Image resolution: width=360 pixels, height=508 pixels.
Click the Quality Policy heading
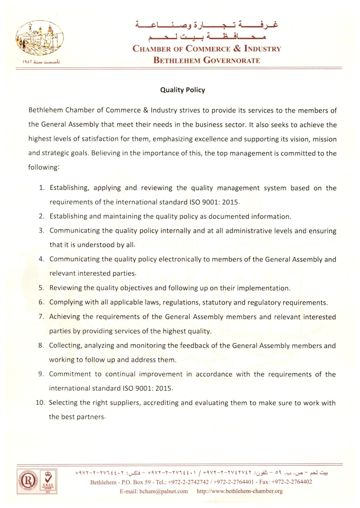coord(183,90)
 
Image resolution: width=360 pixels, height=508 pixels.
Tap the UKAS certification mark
coord(48,481)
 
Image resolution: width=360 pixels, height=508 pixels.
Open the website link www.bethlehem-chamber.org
coord(240,491)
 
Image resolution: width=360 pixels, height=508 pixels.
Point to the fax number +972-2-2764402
coord(291,482)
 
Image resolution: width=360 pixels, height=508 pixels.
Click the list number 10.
coord(40,403)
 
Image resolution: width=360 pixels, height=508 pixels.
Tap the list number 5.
coord(41,288)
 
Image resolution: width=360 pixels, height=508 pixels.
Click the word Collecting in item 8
coord(65,345)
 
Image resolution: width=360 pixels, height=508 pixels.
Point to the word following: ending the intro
coord(44,168)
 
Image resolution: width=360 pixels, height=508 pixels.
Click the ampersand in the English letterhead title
coord(237,48)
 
